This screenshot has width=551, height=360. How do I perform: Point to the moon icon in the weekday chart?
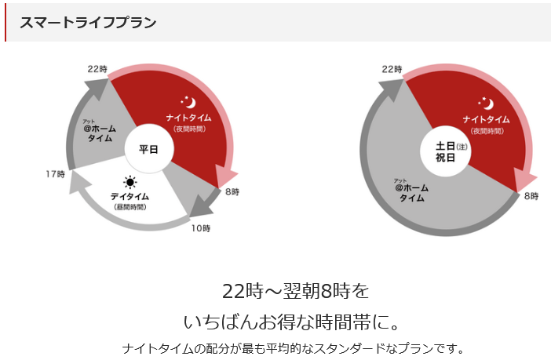click(x=189, y=102)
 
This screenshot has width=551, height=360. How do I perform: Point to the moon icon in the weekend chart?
click(x=486, y=102)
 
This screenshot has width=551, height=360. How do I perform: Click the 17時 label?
click(x=55, y=173)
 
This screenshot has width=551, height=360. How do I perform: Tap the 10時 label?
click(x=201, y=229)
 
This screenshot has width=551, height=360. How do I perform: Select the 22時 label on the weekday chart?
click(x=97, y=69)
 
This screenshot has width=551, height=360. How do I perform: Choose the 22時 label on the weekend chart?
click(x=392, y=69)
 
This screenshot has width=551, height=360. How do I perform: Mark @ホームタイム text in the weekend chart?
click(x=411, y=192)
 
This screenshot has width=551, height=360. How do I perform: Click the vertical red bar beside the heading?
click(x=5, y=22)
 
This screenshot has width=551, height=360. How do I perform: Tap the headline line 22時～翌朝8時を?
click(x=295, y=291)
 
